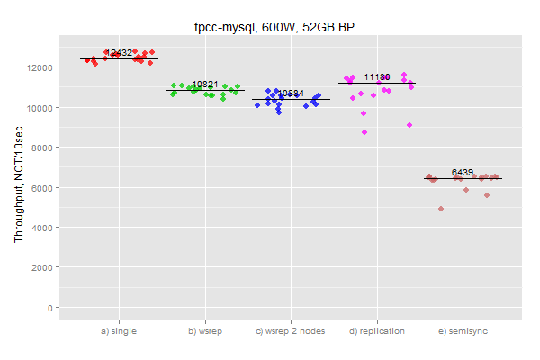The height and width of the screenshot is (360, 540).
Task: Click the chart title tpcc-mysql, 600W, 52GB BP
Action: [x=270, y=27]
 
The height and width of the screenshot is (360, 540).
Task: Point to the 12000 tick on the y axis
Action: [x=41, y=67]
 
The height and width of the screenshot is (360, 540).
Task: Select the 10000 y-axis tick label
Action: [x=41, y=108]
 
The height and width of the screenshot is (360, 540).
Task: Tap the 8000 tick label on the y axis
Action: [x=44, y=148]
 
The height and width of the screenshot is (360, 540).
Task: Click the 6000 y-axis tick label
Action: [x=44, y=187]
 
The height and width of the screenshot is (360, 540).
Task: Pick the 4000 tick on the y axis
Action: [x=44, y=228]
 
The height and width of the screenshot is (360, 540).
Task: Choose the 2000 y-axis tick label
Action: [x=44, y=267]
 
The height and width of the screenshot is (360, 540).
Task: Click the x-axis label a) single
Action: [x=119, y=331]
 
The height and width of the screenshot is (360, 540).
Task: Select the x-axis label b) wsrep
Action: [x=205, y=331]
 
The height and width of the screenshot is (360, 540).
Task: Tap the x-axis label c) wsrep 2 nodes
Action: [x=291, y=331]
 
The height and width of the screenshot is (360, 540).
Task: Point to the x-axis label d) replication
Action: [x=377, y=331]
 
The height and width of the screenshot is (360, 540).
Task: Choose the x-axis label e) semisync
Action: [x=463, y=331]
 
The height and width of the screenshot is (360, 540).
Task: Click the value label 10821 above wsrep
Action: [x=205, y=85]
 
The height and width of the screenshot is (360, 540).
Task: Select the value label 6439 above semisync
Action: [x=463, y=172]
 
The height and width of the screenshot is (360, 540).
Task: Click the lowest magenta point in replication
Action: [x=364, y=132]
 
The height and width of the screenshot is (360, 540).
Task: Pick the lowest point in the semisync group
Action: [x=441, y=209]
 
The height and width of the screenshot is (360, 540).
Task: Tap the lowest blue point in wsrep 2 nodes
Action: [x=279, y=112]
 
